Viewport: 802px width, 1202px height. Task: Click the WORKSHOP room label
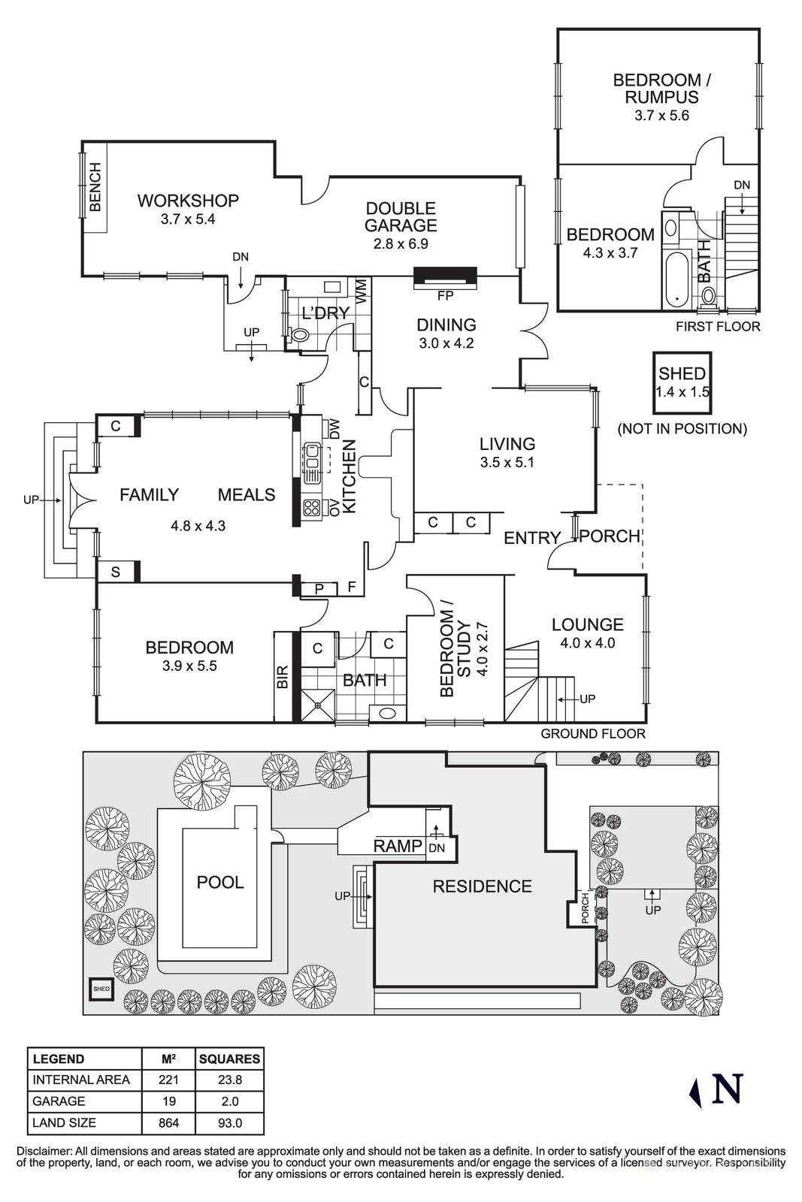point(188,201)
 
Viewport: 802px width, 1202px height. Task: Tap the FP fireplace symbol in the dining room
point(446,278)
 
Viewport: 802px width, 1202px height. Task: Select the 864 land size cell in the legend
point(168,1123)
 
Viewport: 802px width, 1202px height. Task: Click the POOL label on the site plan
point(220,882)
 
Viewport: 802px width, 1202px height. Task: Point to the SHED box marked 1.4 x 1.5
point(682,382)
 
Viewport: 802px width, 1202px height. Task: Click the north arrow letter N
point(727,1089)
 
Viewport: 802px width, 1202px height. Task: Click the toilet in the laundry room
point(298,335)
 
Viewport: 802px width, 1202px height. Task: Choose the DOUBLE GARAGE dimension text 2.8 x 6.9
point(401,243)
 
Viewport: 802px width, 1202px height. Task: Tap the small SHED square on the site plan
point(101,989)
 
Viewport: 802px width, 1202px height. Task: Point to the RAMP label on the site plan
point(398,847)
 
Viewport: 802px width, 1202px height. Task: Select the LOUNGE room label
point(587,624)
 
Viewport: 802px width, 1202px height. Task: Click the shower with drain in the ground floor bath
point(318,705)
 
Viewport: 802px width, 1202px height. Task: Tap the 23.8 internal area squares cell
point(229,1080)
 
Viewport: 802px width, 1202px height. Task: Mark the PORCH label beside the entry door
point(610,536)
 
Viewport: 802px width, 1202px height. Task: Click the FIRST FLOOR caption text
point(718,327)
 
